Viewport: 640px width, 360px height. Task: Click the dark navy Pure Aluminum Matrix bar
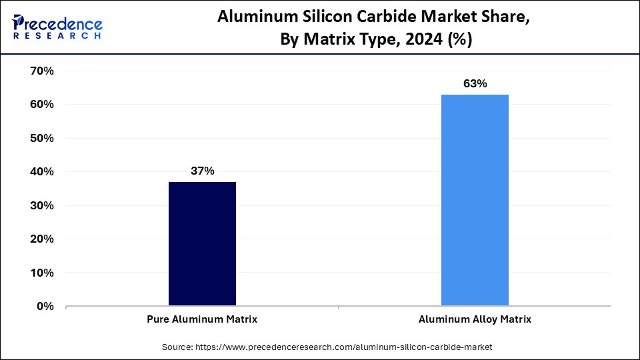202,244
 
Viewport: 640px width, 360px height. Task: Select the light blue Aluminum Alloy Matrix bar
475,200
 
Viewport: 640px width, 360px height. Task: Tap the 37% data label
202,171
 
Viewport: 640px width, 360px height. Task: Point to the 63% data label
475,84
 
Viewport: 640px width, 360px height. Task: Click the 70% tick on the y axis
41,71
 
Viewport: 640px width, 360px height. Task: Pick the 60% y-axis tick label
41,105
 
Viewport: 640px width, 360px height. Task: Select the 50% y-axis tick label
41,138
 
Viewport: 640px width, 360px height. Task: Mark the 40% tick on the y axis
41,172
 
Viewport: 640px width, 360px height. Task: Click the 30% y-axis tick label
41,205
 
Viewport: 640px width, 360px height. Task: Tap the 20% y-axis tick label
41,239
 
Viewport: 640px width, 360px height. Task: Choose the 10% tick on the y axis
41,273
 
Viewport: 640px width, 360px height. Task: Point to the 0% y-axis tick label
44,307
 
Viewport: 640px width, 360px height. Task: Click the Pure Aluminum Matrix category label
202,319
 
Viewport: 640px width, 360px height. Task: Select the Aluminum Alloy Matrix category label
475,319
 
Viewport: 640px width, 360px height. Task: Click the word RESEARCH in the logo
57,35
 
